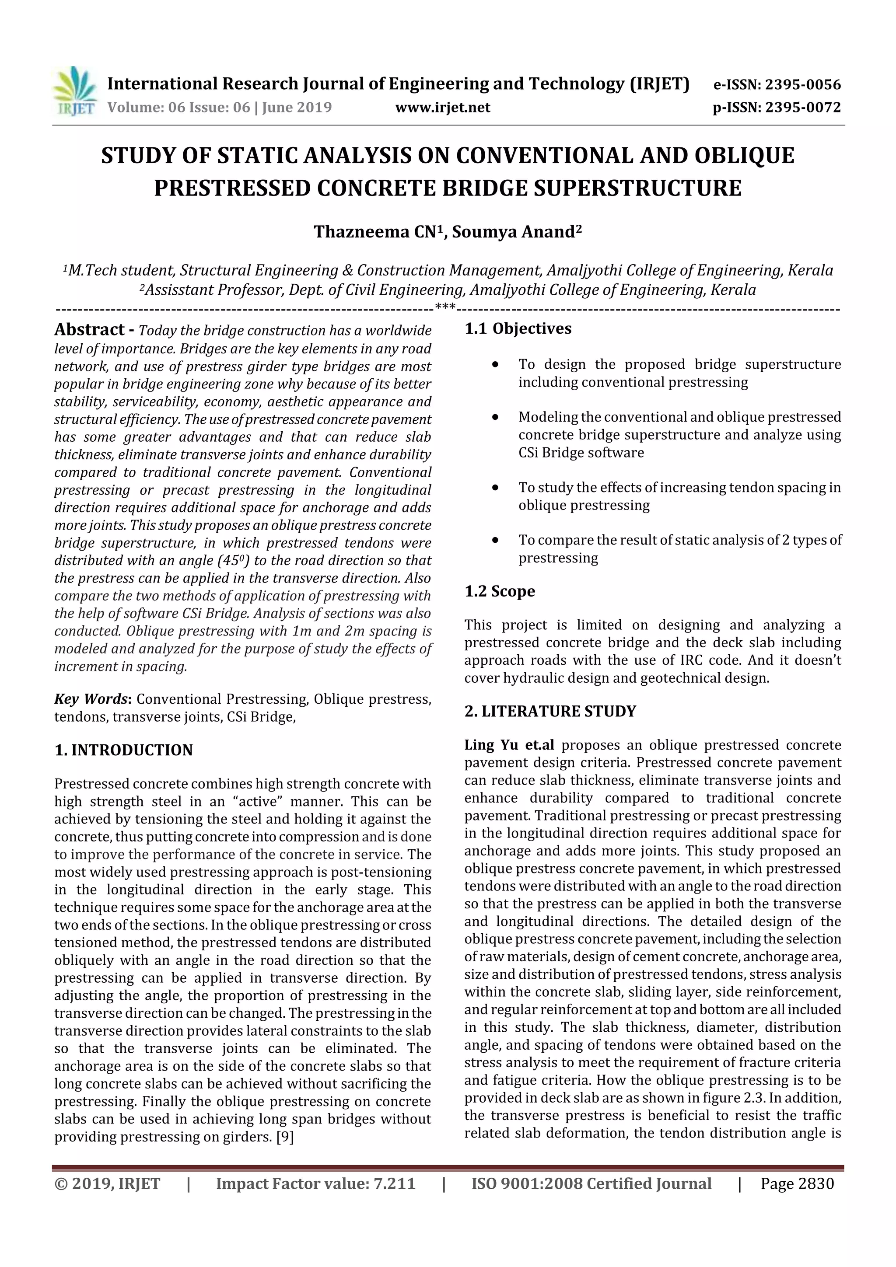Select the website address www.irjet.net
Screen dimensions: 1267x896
point(443,108)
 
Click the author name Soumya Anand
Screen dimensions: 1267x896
point(517,232)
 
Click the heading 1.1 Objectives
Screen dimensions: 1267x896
point(518,329)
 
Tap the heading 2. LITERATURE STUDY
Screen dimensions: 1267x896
point(550,711)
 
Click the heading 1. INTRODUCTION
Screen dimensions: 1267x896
point(124,750)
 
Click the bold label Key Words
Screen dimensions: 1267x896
point(91,699)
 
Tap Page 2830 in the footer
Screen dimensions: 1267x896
point(797,1183)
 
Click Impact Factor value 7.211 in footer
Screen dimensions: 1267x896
point(315,1183)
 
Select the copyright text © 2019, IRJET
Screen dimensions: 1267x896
point(107,1183)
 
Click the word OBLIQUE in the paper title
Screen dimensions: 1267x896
point(744,156)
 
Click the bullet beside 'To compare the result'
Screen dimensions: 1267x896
point(496,540)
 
